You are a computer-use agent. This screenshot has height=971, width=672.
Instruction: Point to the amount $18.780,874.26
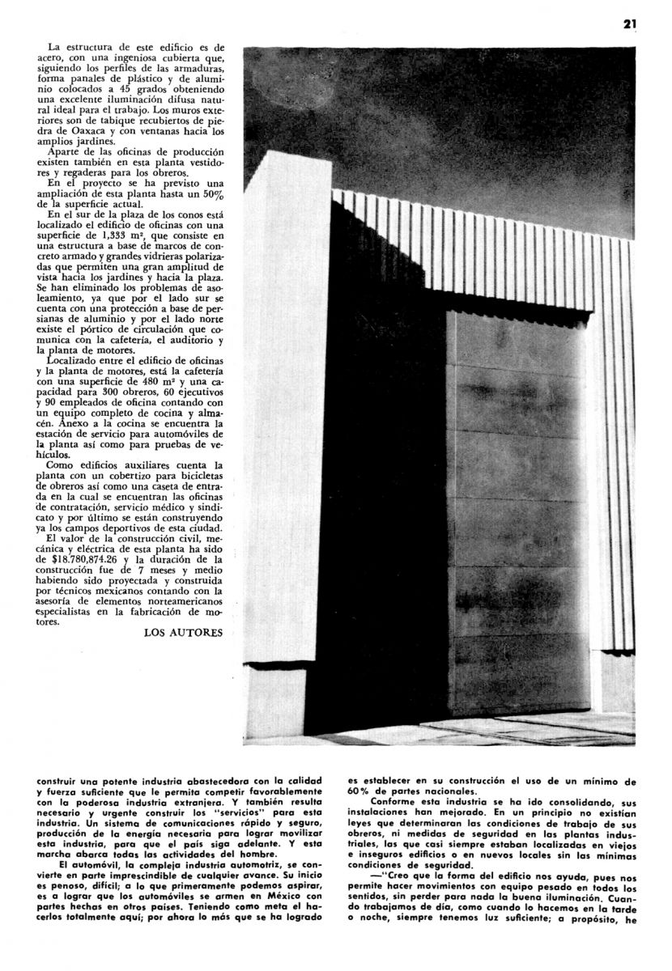88,559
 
